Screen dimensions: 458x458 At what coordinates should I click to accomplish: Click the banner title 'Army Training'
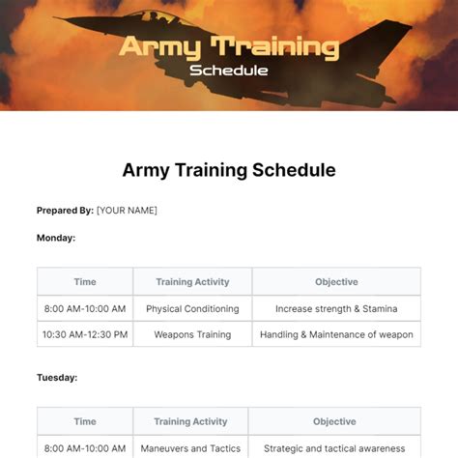click(228, 46)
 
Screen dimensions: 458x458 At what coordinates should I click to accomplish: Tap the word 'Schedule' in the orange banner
click(229, 70)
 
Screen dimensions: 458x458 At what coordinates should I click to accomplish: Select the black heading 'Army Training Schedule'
click(229, 170)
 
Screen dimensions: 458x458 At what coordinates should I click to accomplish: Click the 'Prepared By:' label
click(65, 211)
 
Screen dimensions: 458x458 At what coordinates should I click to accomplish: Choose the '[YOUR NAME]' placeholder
click(127, 211)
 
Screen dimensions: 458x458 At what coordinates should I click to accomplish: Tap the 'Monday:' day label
click(56, 237)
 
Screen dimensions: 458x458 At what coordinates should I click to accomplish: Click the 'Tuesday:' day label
click(57, 378)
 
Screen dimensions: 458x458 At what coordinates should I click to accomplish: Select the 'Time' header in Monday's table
click(85, 282)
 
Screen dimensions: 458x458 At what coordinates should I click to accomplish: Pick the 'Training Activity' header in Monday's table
click(192, 282)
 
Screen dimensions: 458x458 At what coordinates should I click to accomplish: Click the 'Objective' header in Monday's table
click(336, 282)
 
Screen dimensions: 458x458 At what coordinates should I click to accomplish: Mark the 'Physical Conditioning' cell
click(192, 309)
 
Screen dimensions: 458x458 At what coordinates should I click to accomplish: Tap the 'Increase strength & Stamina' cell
click(336, 309)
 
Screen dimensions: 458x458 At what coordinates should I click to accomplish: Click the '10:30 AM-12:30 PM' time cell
click(85, 335)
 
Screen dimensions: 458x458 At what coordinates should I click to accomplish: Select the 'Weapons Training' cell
click(192, 335)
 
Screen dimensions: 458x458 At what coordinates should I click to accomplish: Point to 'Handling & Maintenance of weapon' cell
click(336, 335)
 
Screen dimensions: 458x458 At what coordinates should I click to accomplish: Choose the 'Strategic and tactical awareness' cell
click(335, 447)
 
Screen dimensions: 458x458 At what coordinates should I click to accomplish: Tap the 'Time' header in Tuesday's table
click(85, 421)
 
